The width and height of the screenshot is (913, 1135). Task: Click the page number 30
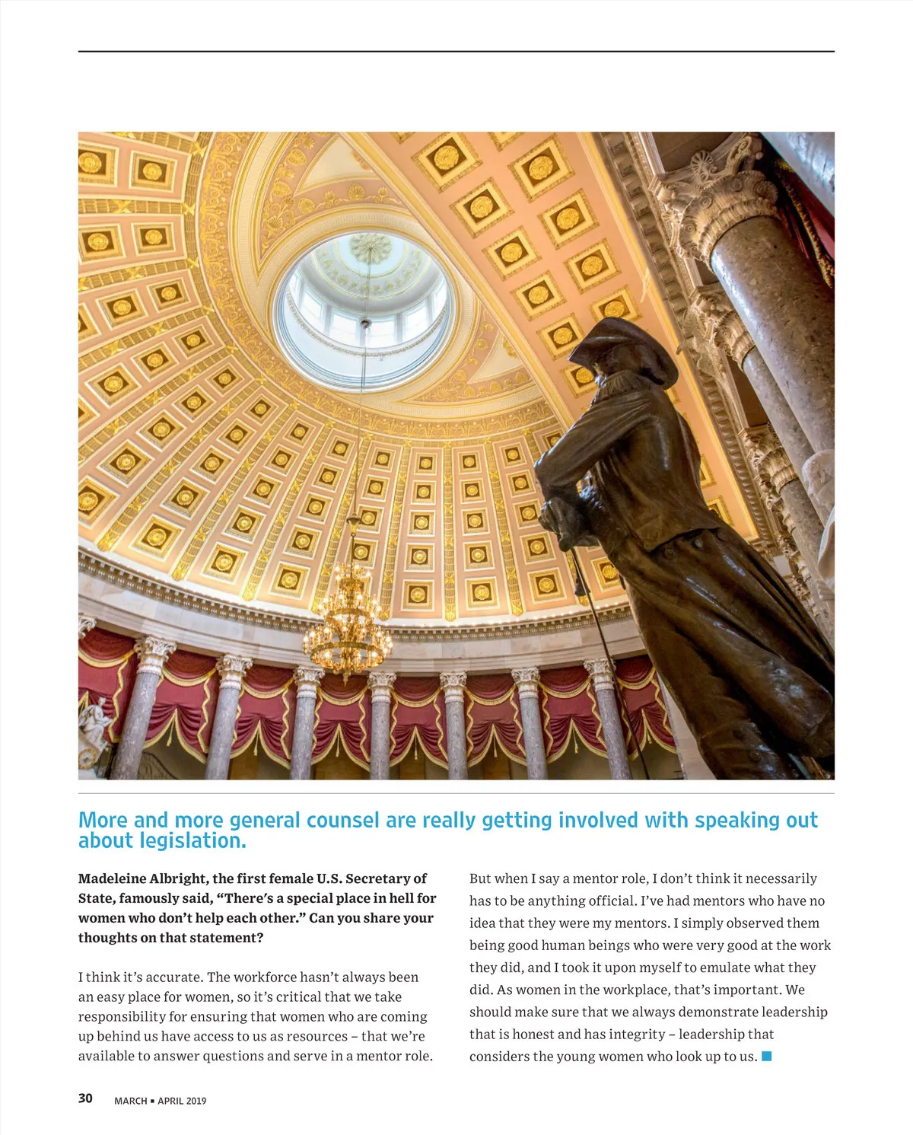click(85, 1098)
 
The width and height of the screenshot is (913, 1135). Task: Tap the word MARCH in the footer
click(130, 1101)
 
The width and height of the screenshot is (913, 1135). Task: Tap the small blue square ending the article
click(767, 1056)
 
